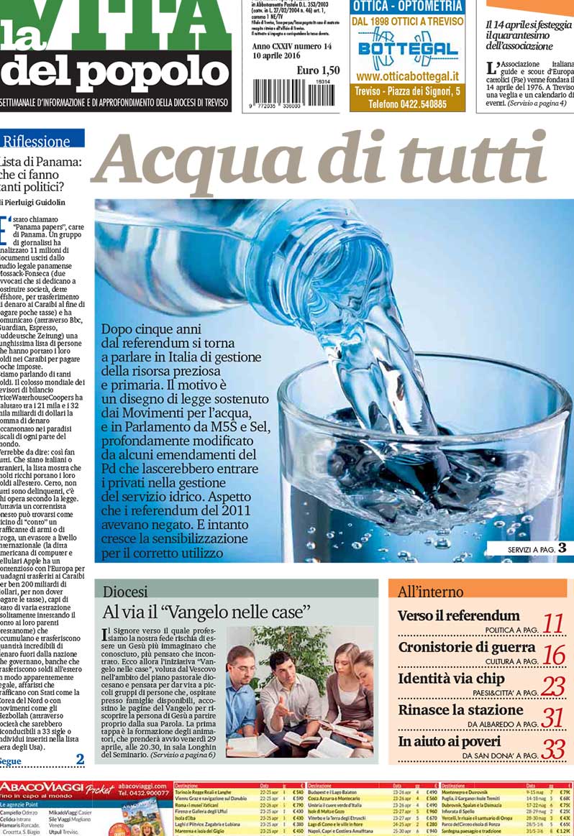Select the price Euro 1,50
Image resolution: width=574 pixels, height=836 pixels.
click(x=318, y=70)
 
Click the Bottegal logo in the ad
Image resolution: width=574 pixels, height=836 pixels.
click(x=407, y=50)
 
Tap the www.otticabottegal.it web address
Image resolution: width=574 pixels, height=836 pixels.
click(x=407, y=76)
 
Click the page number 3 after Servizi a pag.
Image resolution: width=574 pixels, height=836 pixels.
click(x=562, y=548)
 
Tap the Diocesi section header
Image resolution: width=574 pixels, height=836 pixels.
click(x=126, y=592)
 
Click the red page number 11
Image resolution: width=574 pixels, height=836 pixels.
click(x=552, y=623)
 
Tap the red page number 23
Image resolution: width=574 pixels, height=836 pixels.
click(x=552, y=686)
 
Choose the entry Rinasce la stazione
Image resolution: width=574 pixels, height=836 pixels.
click(x=461, y=710)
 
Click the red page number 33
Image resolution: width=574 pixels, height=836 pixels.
click(x=552, y=749)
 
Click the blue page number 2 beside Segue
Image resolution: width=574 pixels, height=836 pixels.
click(x=80, y=759)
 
